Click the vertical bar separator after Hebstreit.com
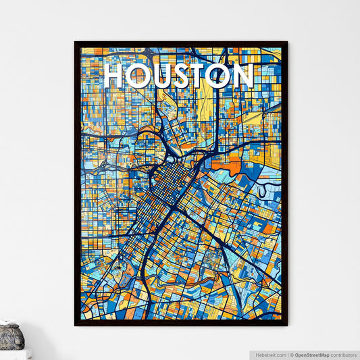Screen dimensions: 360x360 [288, 355]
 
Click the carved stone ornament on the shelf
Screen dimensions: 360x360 [11, 336]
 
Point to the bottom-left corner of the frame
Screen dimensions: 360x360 [76, 325]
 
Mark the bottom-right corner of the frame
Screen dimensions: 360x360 [286, 325]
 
